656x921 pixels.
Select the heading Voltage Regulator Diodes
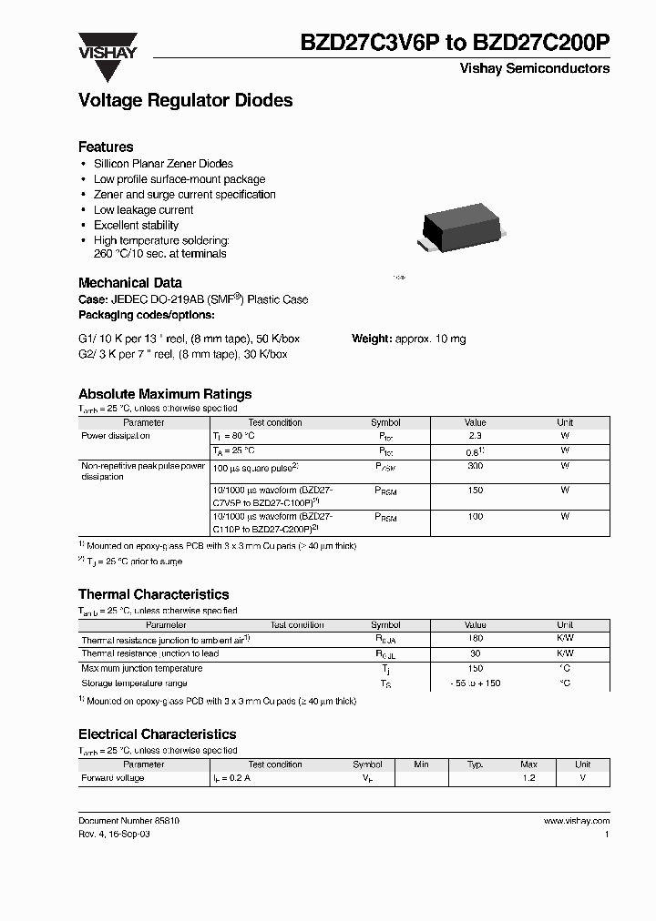coord(186,101)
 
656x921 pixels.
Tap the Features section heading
coord(106,147)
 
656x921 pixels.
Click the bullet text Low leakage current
coord(143,209)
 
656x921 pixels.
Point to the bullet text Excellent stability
coord(136,225)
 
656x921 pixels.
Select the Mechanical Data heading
coord(130,283)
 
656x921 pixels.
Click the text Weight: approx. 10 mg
coord(408,339)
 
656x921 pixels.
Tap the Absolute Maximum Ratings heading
coord(165,394)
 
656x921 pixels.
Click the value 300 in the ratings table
coord(475,465)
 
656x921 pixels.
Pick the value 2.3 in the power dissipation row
coord(475,436)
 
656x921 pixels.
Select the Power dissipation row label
coord(116,436)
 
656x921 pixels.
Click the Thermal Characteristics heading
coord(153,594)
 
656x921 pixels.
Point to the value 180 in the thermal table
coord(475,640)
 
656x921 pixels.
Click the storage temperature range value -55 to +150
coord(475,683)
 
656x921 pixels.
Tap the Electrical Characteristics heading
coord(157,734)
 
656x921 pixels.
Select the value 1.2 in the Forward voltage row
coord(528,778)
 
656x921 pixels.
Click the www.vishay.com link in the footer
coord(576,820)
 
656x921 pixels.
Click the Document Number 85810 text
coord(128,820)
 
